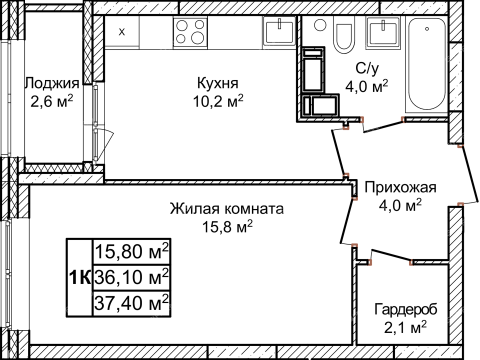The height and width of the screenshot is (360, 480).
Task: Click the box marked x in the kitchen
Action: pyautogui.click(x=122, y=32)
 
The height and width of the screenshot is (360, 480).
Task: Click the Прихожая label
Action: pyautogui.click(x=400, y=187)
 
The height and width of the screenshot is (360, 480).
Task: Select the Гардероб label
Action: pyautogui.click(x=406, y=308)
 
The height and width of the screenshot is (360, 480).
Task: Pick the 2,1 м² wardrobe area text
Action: pyautogui.click(x=406, y=326)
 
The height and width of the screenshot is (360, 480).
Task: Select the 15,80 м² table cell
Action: pyautogui.click(x=131, y=250)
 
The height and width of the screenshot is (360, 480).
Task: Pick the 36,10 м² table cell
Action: pyautogui.click(x=131, y=274)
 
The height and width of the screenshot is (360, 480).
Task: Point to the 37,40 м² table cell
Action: pyautogui.click(x=131, y=298)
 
